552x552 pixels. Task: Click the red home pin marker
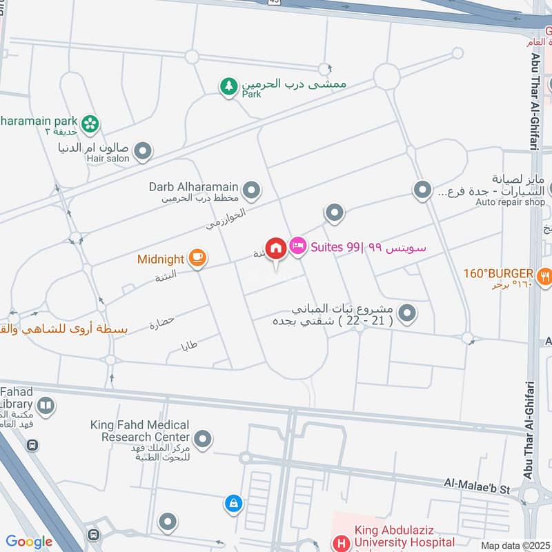276,248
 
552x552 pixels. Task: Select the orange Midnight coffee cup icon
197,258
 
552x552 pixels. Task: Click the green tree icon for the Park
228,87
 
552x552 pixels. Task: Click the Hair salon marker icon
142,150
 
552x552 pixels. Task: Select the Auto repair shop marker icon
422,188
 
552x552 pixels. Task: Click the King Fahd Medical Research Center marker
203,438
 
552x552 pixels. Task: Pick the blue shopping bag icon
233,504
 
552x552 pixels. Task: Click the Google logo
29,542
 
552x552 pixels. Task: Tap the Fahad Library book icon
46,404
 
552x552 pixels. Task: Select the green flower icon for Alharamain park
90,124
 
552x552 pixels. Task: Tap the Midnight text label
160,259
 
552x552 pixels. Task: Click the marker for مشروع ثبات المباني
408,314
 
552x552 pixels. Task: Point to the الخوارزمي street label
226,217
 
